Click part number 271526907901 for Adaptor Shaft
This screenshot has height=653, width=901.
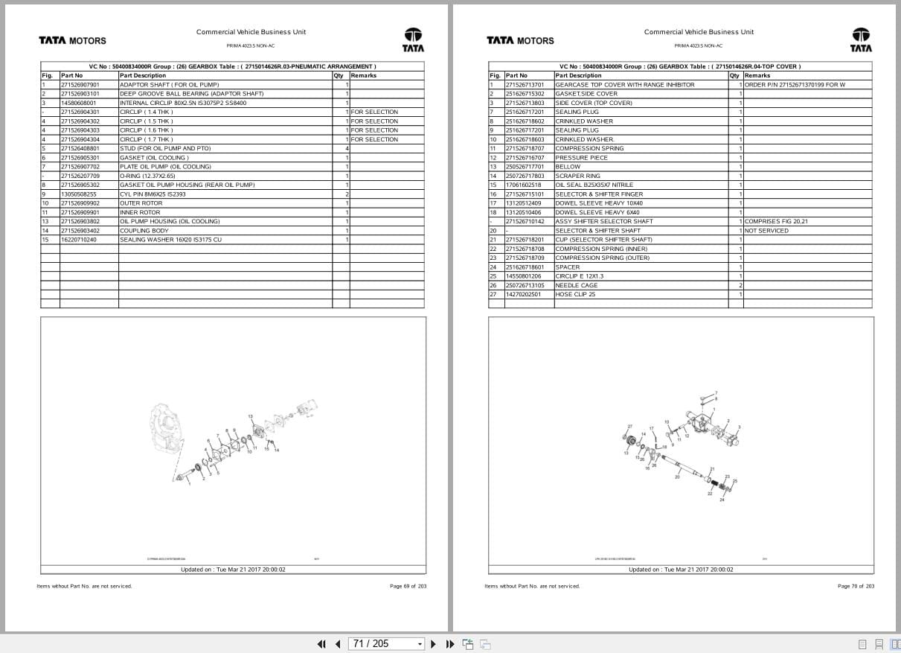point(80,85)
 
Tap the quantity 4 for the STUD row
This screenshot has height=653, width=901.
point(346,148)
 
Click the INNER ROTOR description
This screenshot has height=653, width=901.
point(140,212)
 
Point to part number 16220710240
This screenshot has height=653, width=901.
point(78,240)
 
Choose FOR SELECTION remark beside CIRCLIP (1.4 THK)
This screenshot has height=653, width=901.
point(374,112)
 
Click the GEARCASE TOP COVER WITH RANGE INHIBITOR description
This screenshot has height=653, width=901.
point(624,85)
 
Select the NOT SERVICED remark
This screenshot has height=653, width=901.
point(766,231)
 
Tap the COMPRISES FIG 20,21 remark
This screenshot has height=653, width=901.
point(776,221)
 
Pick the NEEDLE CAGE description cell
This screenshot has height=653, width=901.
point(576,285)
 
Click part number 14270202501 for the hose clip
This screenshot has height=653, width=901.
point(523,294)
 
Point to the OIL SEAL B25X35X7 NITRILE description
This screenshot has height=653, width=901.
point(594,185)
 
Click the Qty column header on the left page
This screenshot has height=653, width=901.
point(339,75)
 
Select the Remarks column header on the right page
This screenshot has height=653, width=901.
point(757,75)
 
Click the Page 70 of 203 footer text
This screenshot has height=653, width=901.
point(856,586)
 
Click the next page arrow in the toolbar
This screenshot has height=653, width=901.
point(433,644)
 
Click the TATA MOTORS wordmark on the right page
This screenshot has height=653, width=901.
point(520,40)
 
